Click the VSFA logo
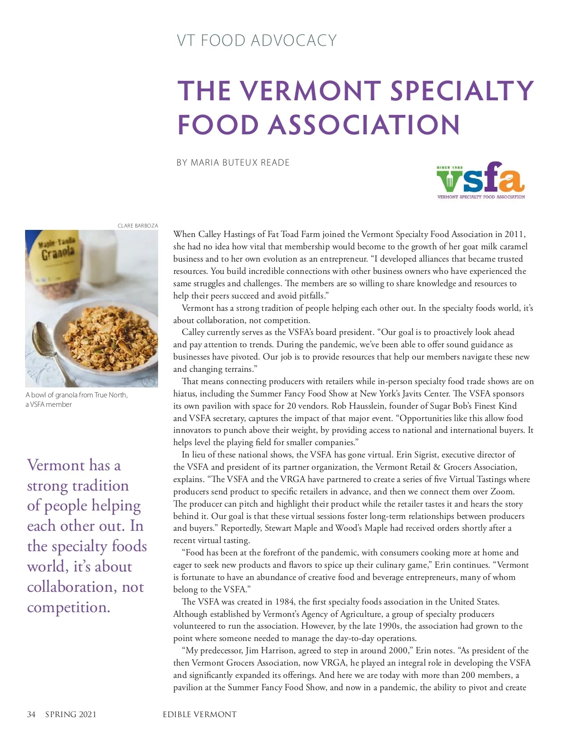pyautogui.click(x=480, y=180)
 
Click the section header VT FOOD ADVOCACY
pyautogui.click(x=257, y=41)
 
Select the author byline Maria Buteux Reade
pyautogui.click(x=233, y=163)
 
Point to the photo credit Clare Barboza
pyautogui.click(x=138, y=226)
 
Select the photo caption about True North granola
pyautogui.click(x=76, y=399)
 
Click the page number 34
pyautogui.click(x=31, y=714)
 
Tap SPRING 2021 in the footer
pyautogui.click(x=71, y=714)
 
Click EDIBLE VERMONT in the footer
pyautogui.click(x=199, y=714)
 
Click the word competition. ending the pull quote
pyautogui.click(x=69, y=607)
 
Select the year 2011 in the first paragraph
pyautogui.click(x=515, y=234)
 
